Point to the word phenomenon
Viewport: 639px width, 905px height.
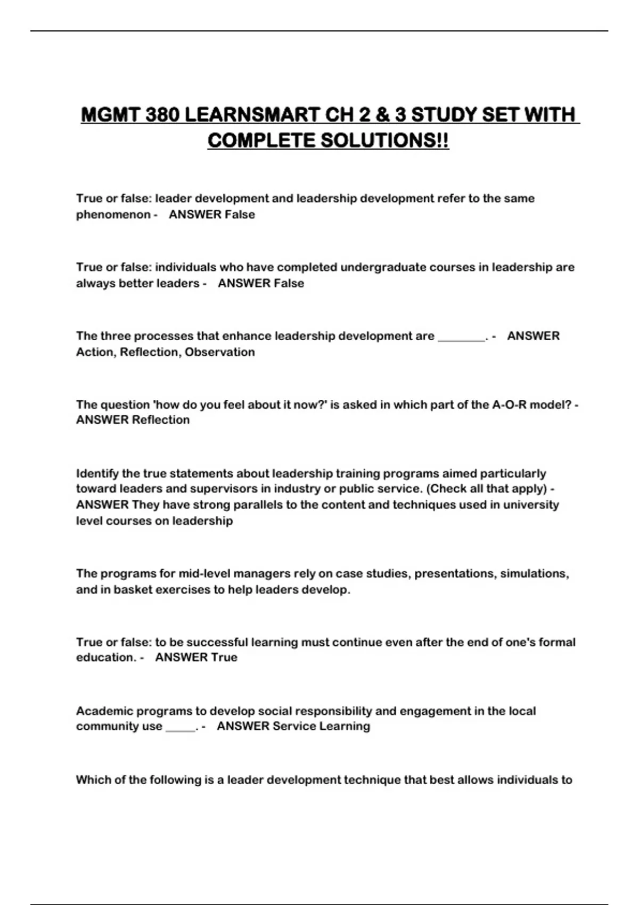click(113, 215)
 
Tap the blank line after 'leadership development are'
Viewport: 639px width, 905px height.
click(461, 336)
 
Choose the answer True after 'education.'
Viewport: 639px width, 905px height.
click(224, 657)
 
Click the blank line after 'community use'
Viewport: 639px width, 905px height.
click(181, 727)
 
